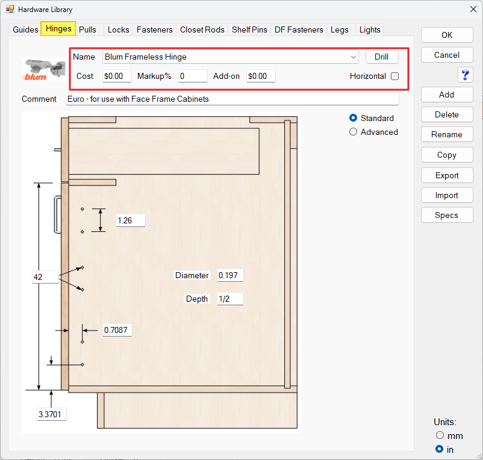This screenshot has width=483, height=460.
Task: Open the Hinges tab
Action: pyautogui.click(x=58, y=29)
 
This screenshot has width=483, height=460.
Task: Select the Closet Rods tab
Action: pyautogui.click(x=202, y=30)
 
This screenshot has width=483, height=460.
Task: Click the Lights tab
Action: pyautogui.click(x=370, y=30)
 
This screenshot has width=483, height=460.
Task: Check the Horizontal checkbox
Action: pyautogui.click(x=394, y=76)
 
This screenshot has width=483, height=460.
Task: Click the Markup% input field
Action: pyautogui.click(x=193, y=76)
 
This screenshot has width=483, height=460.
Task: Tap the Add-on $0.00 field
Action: pyautogui.click(x=261, y=76)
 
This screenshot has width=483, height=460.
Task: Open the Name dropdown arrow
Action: pyautogui.click(x=354, y=57)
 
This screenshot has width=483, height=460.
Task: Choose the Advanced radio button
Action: pyautogui.click(x=353, y=132)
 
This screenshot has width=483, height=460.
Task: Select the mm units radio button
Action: pyautogui.click(x=440, y=435)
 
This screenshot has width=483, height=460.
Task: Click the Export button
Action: pyautogui.click(x=447, y=175)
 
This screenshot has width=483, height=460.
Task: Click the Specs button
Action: pyautogui.click(x=447, y=215)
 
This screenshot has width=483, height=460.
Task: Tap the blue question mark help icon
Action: pyautogui.click(x=465, y=75)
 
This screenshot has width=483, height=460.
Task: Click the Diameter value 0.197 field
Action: pyautogui.click(x=230, y=275)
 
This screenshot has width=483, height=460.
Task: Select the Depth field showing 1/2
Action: pyautogui.click(x=230, y=299)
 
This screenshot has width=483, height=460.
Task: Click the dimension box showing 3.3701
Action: pyautogui.click(x=51, y=414)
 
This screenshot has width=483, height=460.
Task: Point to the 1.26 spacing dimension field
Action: pyautogui.click(x=131, y=220)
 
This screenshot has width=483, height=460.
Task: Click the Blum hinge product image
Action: pyautogui.click(x=44, y=70)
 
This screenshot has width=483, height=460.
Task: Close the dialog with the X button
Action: pyautogui.click(x=473, y=9)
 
